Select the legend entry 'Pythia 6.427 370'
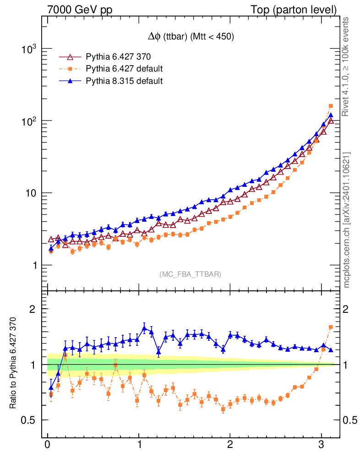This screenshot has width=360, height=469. click(x=118, y=57)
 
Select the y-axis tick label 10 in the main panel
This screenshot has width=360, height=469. click(x=30, y=193)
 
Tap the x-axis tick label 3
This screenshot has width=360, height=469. click(x=322, y=446)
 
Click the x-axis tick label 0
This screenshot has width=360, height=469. click(x=48, y=446)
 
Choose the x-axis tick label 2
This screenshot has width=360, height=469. click(x=230, y=446)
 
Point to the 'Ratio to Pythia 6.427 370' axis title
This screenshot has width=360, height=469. click(x=13, y=364)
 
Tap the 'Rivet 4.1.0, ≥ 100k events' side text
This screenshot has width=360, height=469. click(x=347, y=66)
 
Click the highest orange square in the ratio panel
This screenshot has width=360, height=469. click(x=331, y=327)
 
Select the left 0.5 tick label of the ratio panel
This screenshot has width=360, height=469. click(x=30, y=420)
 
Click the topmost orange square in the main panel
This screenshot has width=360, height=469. click(x=331, y=106)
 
